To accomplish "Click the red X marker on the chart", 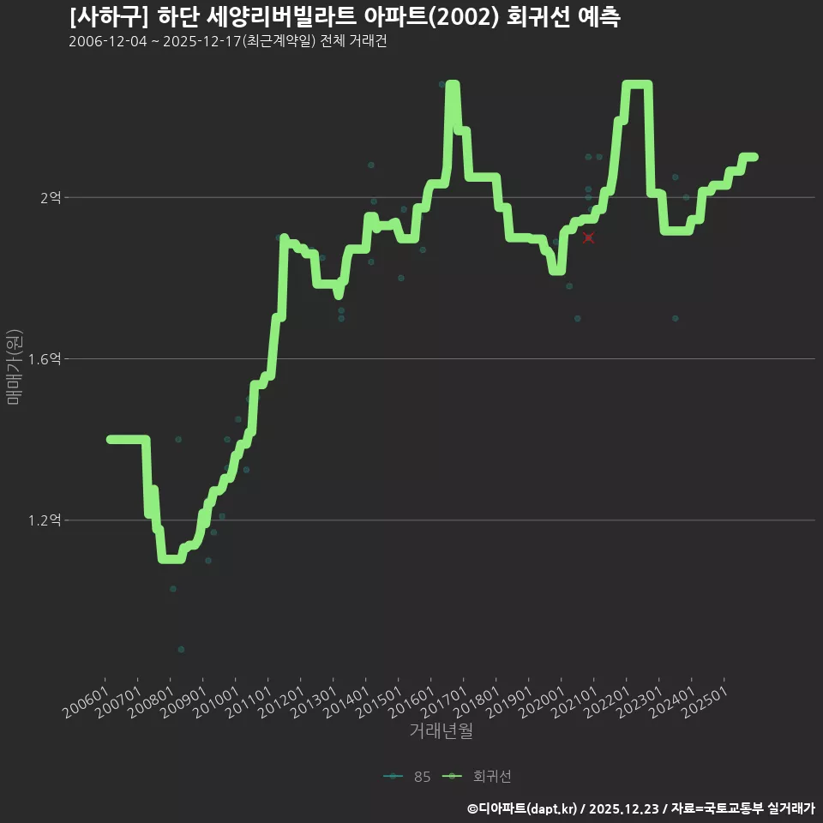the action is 588,237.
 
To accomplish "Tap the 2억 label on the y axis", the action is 51,198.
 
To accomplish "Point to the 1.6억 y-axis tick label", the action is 45,359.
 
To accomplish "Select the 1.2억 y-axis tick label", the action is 45,520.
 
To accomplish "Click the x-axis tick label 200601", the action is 86,702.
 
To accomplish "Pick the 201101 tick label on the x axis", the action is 249,702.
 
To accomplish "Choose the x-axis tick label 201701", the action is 444,702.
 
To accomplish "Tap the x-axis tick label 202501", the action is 705,702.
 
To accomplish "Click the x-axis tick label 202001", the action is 542,702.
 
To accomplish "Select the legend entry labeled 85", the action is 407,777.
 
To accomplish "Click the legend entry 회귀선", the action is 478,777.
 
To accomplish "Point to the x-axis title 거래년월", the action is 441,730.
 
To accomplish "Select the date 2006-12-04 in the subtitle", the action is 108,41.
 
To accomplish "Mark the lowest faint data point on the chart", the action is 181,649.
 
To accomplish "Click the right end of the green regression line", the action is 754,157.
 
